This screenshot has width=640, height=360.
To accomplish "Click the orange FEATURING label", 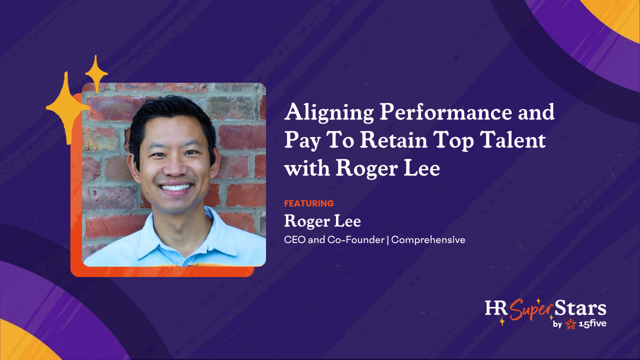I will [x=308, y=203].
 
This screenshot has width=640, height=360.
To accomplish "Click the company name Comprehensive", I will [x=428, y=240].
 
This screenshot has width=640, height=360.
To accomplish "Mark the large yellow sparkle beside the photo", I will [x=66, y=107].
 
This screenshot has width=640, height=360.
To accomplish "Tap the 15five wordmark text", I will [x=593, y=324].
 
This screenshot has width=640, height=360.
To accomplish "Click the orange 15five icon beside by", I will [x=570, y=325].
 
